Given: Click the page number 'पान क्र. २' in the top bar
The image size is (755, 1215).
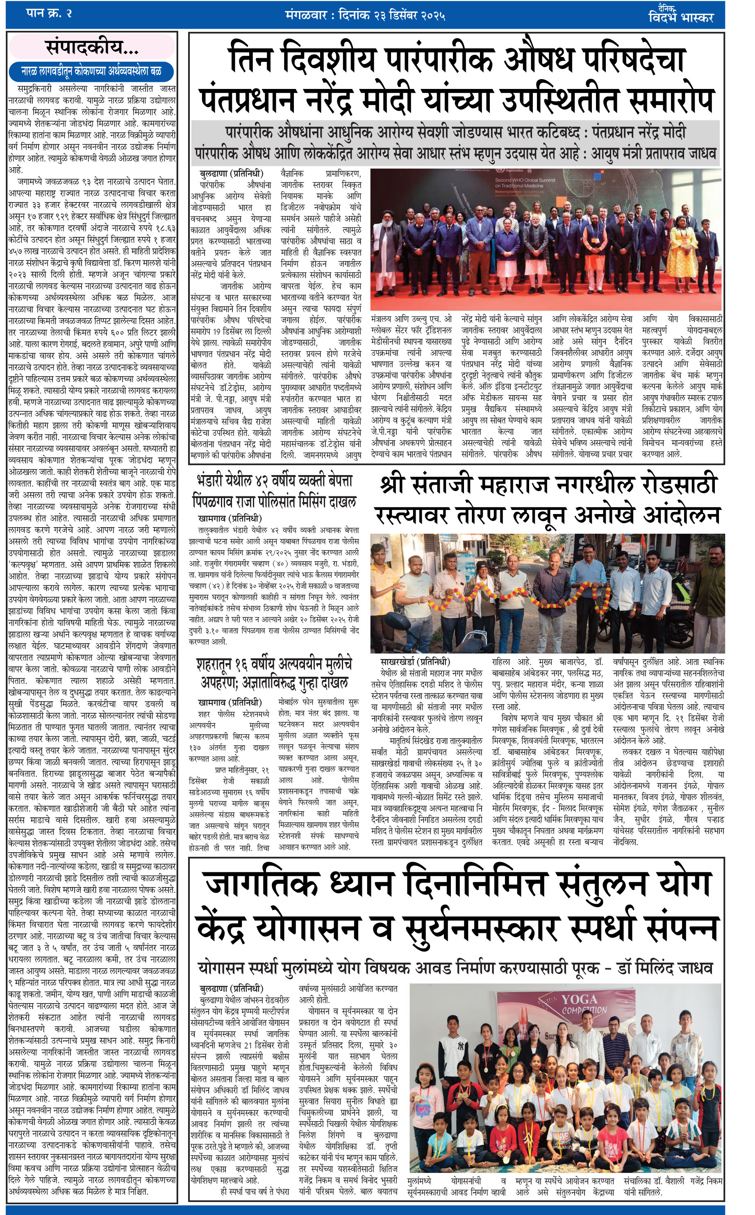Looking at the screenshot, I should click(x=48, y=14).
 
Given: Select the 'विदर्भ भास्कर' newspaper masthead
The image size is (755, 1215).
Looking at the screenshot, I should click(x=680, y=18).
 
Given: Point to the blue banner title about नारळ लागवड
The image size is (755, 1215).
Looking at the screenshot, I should click(x=91, y=71).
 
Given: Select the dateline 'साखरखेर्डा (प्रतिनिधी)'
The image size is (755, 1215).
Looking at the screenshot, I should click(x=415, y=662).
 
